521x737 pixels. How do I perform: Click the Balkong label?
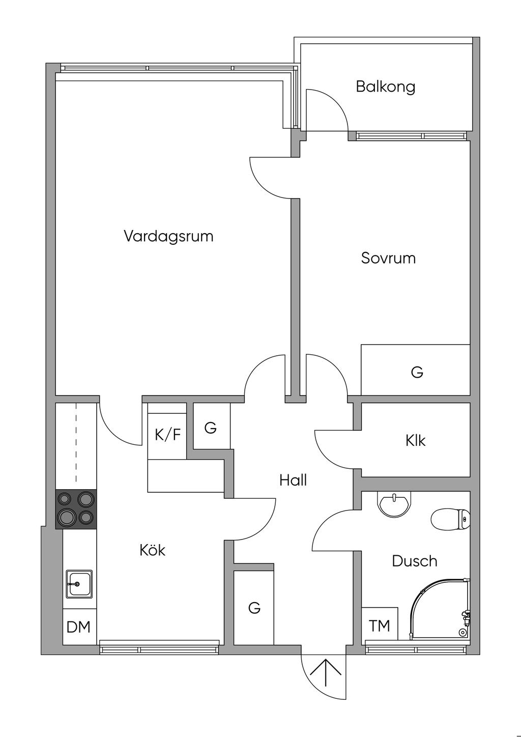385,87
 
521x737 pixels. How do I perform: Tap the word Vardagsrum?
168,236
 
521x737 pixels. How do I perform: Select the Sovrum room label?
388,258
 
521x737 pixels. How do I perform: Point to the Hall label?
293,480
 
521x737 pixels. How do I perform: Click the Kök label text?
153,550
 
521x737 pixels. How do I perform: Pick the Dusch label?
415,561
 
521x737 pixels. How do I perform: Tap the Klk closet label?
416,440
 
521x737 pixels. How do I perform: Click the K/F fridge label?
167,435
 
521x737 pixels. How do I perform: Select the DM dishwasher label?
78,627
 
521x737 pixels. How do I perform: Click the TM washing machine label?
379,626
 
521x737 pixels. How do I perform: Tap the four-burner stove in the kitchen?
75,508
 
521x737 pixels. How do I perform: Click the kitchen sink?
79,584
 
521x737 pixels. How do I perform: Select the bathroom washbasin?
393,503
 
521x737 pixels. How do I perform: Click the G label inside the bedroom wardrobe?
417,373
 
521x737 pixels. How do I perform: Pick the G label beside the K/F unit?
210,428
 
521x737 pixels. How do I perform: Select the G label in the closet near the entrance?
254,607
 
